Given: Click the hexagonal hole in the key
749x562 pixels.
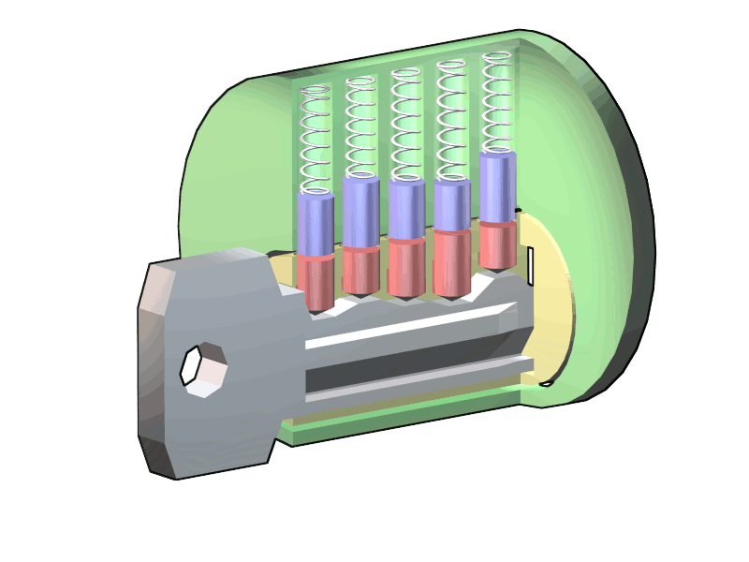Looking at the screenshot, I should click(203, 370).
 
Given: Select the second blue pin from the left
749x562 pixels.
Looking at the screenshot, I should click(360, 213).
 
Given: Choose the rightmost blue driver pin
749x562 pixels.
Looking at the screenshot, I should click(497, 186).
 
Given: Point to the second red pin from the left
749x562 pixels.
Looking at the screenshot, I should click(360, 270).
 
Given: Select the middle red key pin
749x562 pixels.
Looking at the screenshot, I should click(406, 266).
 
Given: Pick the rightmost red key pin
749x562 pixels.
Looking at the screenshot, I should click(497, 245).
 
